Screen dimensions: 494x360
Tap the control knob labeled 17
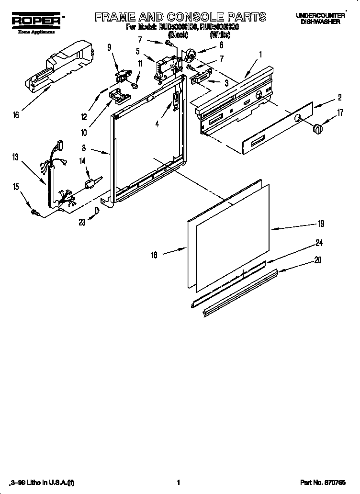[317, 129]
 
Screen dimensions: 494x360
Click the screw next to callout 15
[34, 212]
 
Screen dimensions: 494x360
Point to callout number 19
[321, 224]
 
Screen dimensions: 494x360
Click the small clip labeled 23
[97, 210]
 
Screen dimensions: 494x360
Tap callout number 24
[318, 243]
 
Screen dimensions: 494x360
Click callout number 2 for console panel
[339, 98]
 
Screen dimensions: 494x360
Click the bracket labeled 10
[119, 96]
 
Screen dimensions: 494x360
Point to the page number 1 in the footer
[178, 482]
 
